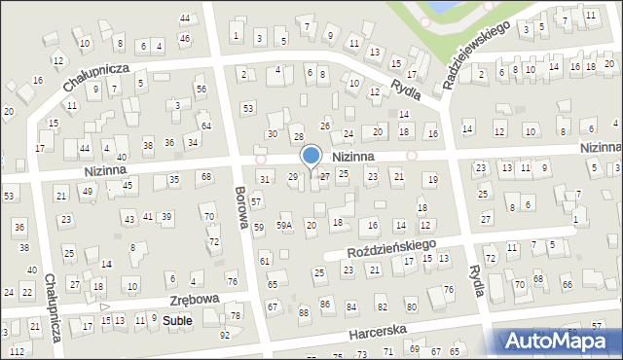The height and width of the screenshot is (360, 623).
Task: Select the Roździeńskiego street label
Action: coord(389,251)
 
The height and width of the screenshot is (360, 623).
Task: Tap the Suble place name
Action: coord(177,319)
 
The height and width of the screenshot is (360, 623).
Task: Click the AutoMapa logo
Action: coord(560,341)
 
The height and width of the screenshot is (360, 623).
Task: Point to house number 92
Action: coord(225,335)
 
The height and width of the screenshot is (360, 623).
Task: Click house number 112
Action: coord(17,351)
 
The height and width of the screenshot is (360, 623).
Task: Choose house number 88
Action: coord(304,312)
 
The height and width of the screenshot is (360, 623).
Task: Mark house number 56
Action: coord(201,89)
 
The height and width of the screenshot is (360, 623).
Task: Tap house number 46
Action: coord(185,39)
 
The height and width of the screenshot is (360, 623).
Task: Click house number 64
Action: coord(205,126)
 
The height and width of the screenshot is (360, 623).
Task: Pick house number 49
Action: coord(88,191)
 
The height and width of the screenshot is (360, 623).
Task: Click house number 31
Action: coord(264,179)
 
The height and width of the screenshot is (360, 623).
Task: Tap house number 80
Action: coord(411,307)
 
